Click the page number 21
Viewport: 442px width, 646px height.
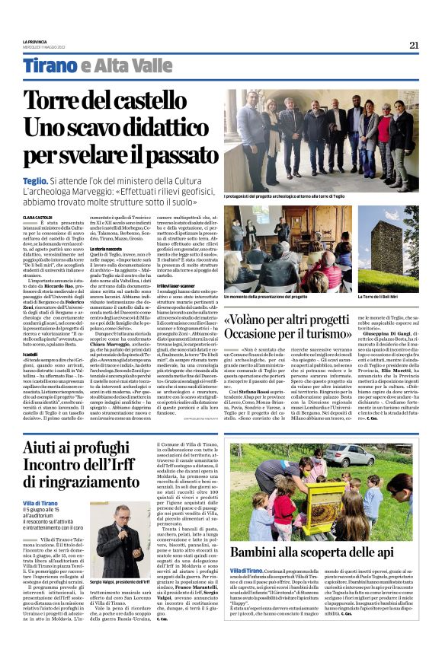point(414,45)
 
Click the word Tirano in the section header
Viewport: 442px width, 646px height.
point(48,66)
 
